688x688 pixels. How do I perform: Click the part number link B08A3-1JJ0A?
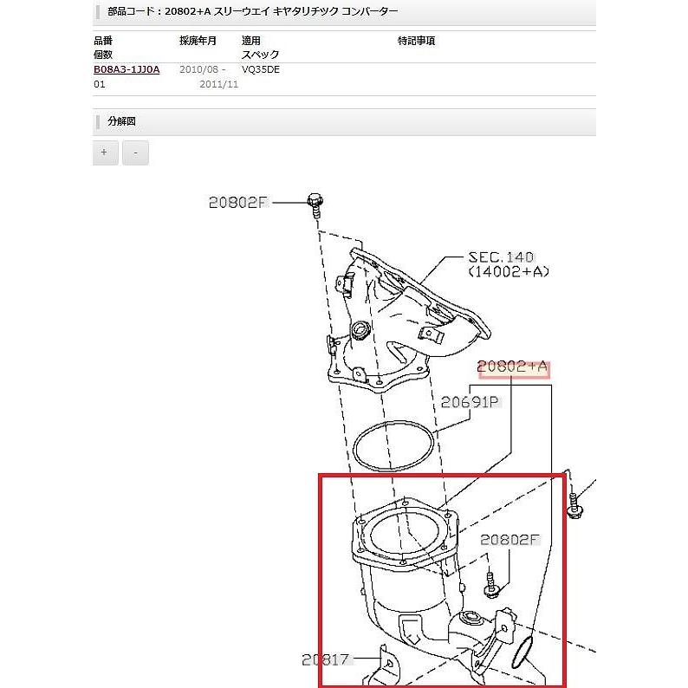[127, 69]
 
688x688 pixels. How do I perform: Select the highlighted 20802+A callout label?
[513, 367]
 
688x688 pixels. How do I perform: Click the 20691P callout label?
[471, 402]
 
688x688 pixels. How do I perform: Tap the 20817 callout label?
[326, 659]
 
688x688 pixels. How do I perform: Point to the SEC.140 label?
[501, 257]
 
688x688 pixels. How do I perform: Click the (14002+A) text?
[509, 272]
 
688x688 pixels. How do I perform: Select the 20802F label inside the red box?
[510, 539]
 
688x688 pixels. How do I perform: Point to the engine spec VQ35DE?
[261, 69]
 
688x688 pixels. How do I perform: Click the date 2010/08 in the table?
[198, 69]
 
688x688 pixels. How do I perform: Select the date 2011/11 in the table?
[217, 85]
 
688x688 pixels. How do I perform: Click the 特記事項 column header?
[416, 41]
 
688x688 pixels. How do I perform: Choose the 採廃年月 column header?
[198, 41]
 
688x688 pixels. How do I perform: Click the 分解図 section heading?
[121, 122]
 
